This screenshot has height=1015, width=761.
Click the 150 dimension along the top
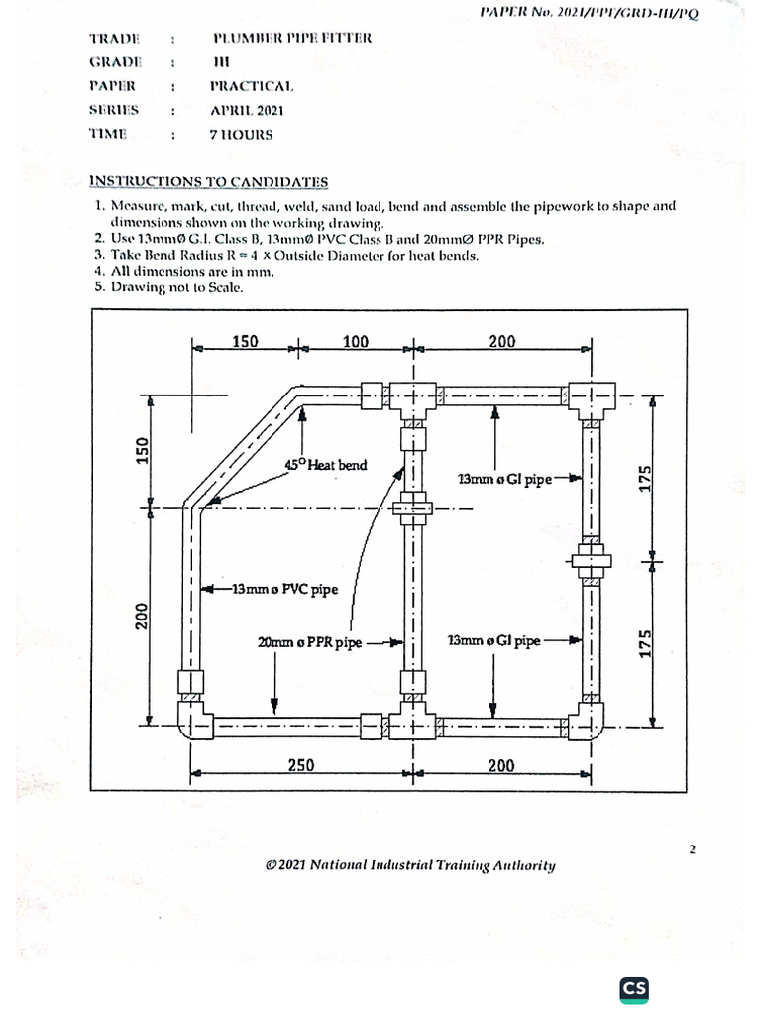245,342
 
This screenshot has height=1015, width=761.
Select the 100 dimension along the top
355,342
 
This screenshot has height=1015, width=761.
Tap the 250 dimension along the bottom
301,764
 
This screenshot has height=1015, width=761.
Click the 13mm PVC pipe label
284,590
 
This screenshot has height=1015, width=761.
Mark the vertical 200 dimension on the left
142,617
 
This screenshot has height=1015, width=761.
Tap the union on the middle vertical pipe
411,510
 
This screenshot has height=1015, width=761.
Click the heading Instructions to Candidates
209,181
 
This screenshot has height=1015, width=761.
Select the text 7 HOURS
241,134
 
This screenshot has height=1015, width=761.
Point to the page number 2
693,849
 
